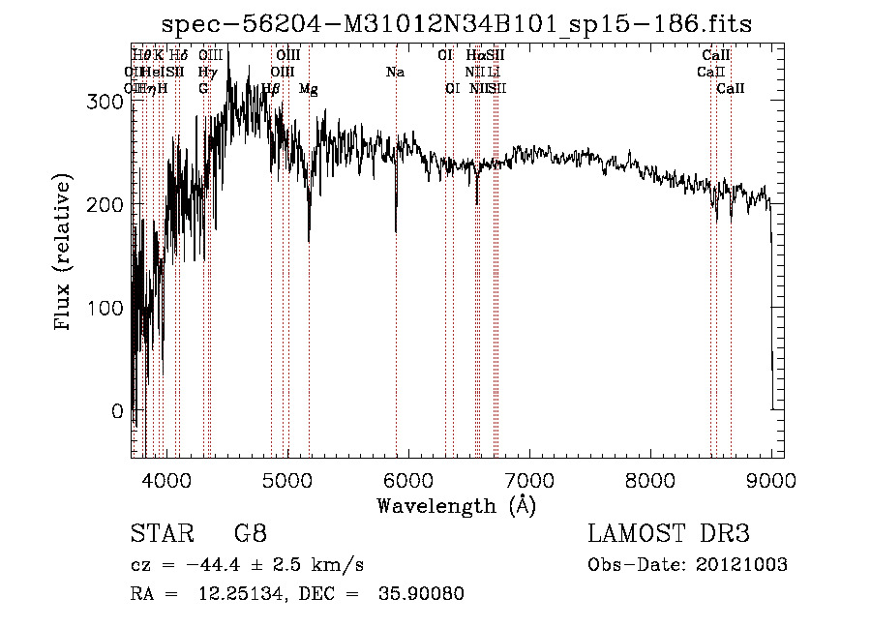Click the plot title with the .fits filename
click(x=457, y=23)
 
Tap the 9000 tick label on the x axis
click(x=770, y=479)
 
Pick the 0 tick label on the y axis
click(x=118, y=411)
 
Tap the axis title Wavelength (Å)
click(x=456, y=505)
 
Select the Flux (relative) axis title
click(x=64, y=254)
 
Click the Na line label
click(x=395, y=73)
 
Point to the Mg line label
click(x=309, y=89)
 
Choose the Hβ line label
click(x=271, y=89)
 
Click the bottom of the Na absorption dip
click(x=396, y=231)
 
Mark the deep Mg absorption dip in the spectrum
click(x=309, y=239)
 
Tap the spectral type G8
click(x=251, y=533)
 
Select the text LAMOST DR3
click(x=669, y=534)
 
